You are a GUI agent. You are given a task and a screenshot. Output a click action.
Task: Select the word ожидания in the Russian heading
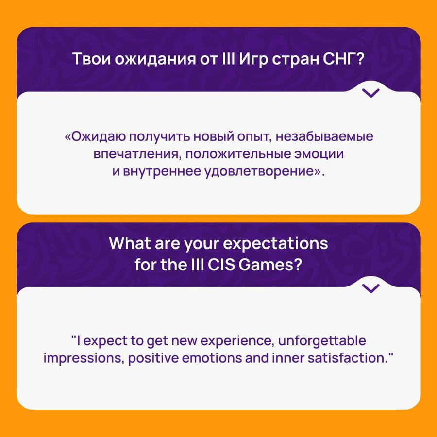[x=155, y=60]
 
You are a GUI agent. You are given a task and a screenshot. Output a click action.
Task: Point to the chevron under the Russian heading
[x=370, y=93]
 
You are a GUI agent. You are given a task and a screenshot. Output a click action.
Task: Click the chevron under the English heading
[x=370, y=288]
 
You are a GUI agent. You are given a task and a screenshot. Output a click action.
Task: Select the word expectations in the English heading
[x=275, y=244]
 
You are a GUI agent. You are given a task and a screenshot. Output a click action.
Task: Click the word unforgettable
[x=322, y=341]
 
